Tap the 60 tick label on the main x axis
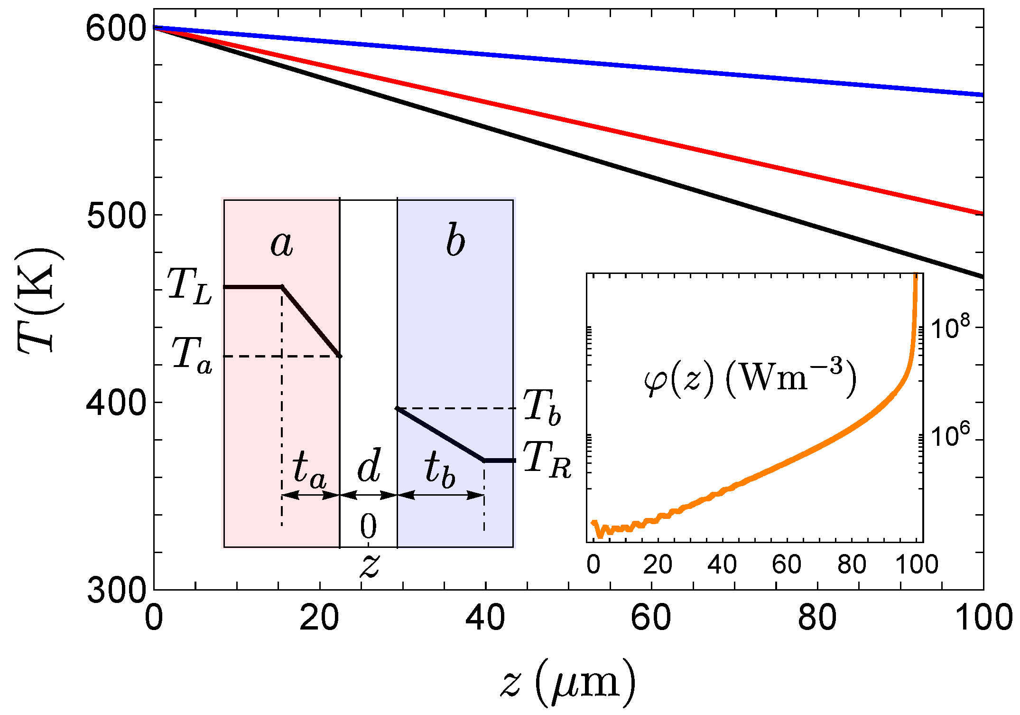tap(651, 618)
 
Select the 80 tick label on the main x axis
tap(817, 618)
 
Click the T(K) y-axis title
tap(40, 301)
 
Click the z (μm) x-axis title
tap(568, 684)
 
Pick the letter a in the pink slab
tap(282, 244)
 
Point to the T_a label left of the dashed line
tap(192, 355)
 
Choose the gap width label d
tap(369, 466)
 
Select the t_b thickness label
tap(440, 470)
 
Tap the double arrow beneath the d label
tap(369, 496)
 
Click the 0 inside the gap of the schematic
tap(368, 527)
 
